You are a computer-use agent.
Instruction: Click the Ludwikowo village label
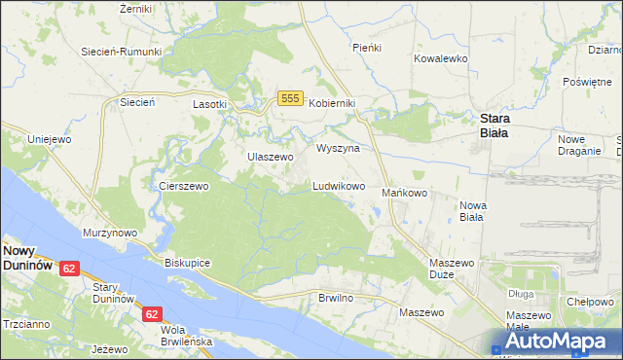click(x=338, y=185)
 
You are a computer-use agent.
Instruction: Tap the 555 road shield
click(x=289, y=97)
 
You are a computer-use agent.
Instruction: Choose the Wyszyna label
click(x=338, y=149)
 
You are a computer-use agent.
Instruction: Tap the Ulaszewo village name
click(x=270, y=157)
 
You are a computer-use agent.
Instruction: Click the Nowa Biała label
click(x=472, y=211)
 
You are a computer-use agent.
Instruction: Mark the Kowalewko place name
click(x=441, y=58)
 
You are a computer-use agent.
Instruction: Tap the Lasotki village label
click(x=209, y=103)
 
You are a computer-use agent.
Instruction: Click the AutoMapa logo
click(x=557, y=342)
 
